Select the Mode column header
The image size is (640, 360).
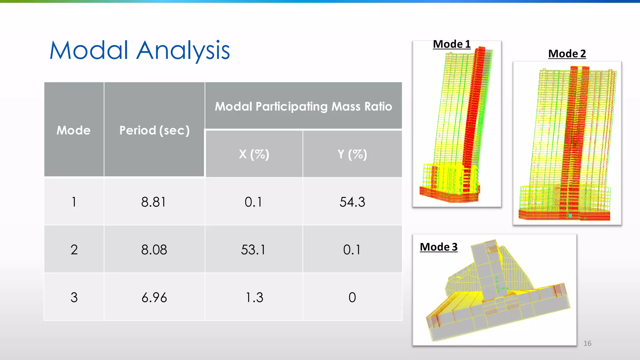tap(73, 130)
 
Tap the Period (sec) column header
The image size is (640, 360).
tap(154, 130)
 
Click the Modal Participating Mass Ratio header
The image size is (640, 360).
tap(303, 107)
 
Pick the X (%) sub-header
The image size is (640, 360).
tap(254, 154)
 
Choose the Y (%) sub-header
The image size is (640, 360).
tap(352, 154)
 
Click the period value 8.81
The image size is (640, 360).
tap(153, 202)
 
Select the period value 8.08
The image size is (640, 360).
tap(154, 250)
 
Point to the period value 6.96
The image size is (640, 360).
tap(154, 297)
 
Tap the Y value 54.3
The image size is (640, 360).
tap(352, 202)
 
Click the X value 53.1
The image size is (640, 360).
tap(253, 250)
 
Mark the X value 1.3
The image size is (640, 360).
tap(254, 297)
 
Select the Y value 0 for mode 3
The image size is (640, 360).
tap(352, 297)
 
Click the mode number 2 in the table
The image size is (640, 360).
tap(74, 250)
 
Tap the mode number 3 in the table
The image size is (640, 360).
tap(74, 297)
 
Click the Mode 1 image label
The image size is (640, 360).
tap(452, 44)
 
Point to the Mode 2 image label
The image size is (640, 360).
tap(567, 54)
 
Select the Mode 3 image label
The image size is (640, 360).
tap(438, 247)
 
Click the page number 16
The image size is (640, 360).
tap(587, 343)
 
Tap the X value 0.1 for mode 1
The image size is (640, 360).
tap(253, 202)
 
